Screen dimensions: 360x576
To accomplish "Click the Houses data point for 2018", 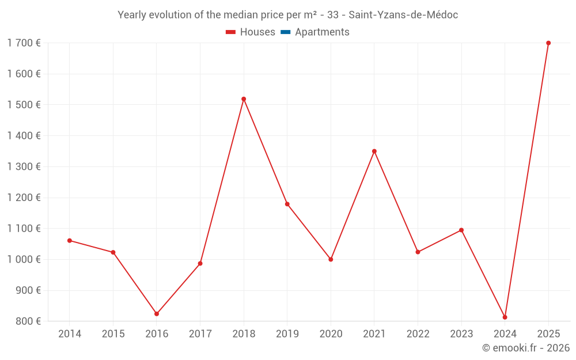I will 244,99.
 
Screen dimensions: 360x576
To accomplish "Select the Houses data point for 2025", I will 548,43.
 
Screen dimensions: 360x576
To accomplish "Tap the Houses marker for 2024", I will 505,317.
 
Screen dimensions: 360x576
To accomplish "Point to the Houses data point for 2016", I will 157,314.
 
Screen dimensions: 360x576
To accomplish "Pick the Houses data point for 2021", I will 374,151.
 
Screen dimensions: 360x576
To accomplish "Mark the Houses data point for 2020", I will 331,259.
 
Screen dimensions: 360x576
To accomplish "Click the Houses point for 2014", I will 70,241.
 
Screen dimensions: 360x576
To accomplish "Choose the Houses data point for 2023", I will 461,230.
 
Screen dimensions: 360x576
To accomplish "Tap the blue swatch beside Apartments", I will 286,32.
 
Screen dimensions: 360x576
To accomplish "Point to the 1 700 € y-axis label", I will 24,43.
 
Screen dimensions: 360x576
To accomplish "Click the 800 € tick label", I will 28,321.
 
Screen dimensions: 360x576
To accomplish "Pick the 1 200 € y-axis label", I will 24,198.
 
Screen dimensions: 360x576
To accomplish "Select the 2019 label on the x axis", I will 287,334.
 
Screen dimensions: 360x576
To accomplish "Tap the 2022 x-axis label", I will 418,334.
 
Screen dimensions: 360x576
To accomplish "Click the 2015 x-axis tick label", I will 113,334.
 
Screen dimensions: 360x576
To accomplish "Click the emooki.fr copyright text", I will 525,348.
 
